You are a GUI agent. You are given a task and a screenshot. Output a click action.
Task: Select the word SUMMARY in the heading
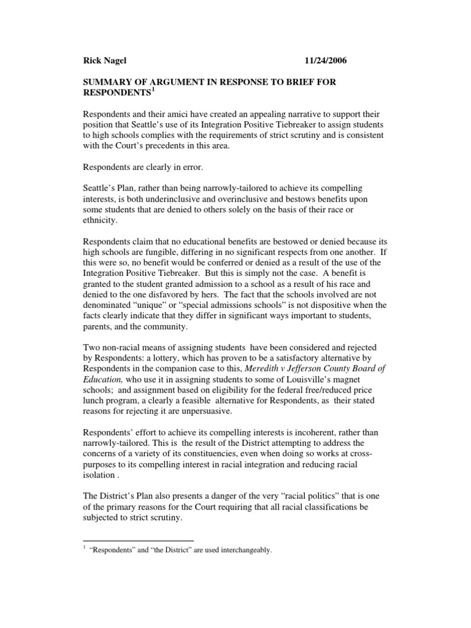pyautogui.click(x=107, y=82)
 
